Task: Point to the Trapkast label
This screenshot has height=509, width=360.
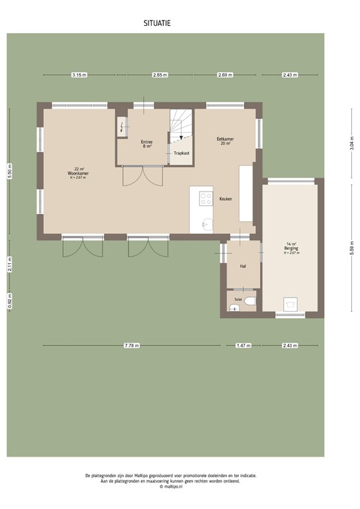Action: (181, 153)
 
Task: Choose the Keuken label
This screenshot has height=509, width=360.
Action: (225, 199)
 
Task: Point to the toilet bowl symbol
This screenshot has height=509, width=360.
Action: (248, 302)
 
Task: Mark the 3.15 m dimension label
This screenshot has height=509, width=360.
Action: (79, 75)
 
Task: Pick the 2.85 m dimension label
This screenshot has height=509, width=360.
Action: (159, 75)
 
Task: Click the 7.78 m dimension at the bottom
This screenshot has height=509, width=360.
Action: (131, 345)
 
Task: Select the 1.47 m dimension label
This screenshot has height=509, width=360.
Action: (243, 345)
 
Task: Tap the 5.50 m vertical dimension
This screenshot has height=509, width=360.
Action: (9, 170)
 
